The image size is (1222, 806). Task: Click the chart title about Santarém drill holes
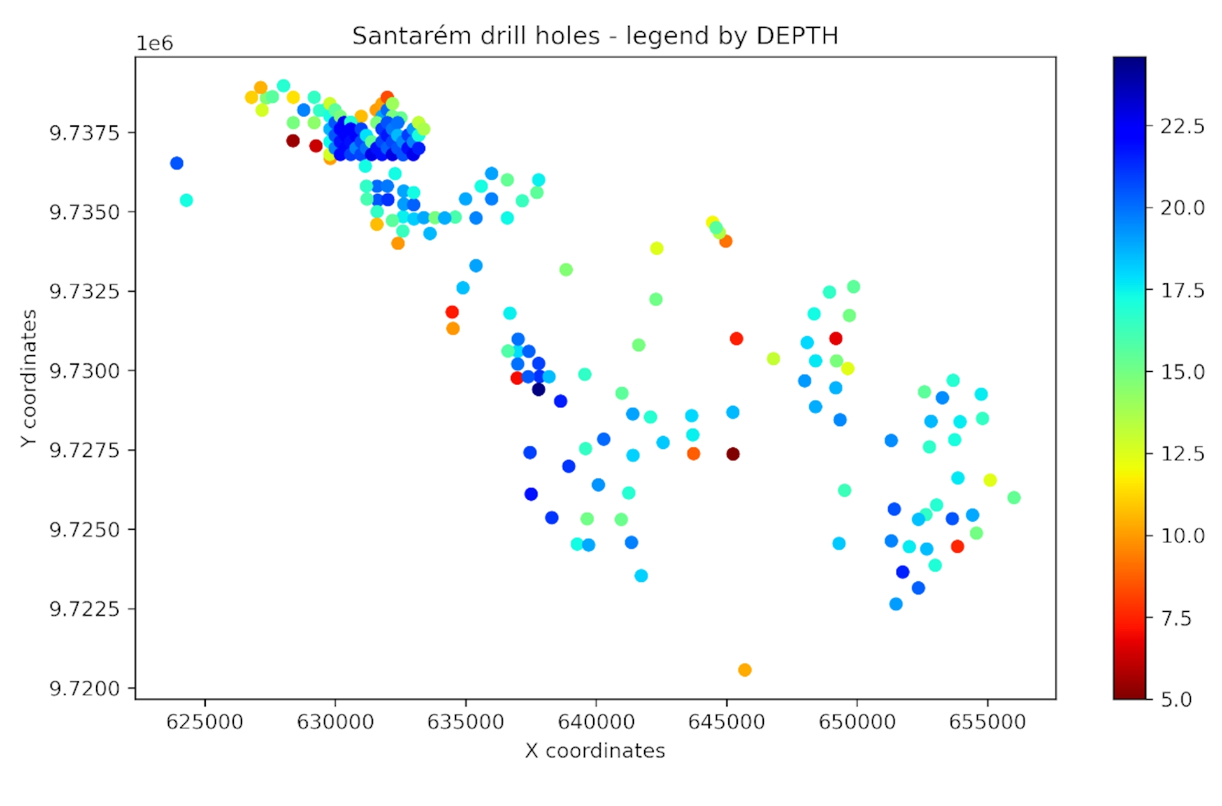pyautogui.click(x=595, y=36)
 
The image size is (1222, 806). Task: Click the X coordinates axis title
pyautogui.click(x=595, y=751)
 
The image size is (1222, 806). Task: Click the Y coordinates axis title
pyautogui.click(x=29, y=378)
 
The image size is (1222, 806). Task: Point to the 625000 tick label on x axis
pyautogui.click(x=205, y=722)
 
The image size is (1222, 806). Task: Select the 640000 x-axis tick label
pyautogui.click(x=596, y=722)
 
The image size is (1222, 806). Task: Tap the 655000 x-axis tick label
pyautogui.click(x=988, y=722)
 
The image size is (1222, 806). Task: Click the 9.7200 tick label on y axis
pyautogui.click(x=84, y=688)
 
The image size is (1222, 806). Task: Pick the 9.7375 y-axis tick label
pyautogui.click(x=84, y=132)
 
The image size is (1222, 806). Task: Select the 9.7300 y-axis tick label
pyautogui.click(x=84, y=371)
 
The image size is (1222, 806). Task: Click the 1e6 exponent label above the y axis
pyautogui.click(x=155, y=43)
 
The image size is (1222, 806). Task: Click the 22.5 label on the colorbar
pyautogui.click(x=1182, y=127)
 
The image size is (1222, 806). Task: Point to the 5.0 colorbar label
pyautogui.click(x=1176, y=699)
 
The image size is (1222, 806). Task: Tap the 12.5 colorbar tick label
pyautogui.click(x=1182, y=454)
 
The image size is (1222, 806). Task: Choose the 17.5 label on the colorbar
pyautogui.click(x=1182, y=290)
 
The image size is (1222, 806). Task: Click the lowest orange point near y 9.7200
pyautogui.click(x=745, y=670)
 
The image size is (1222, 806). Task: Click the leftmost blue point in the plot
pyautogui.click(x=176, y=164)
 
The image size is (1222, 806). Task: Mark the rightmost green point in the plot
pyautogui.click(x=1014, y=498)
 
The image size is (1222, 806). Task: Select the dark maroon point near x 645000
pyautogui.click(x=733, y=454)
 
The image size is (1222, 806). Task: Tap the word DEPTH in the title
pyautogui.click(x=796, y=36)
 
